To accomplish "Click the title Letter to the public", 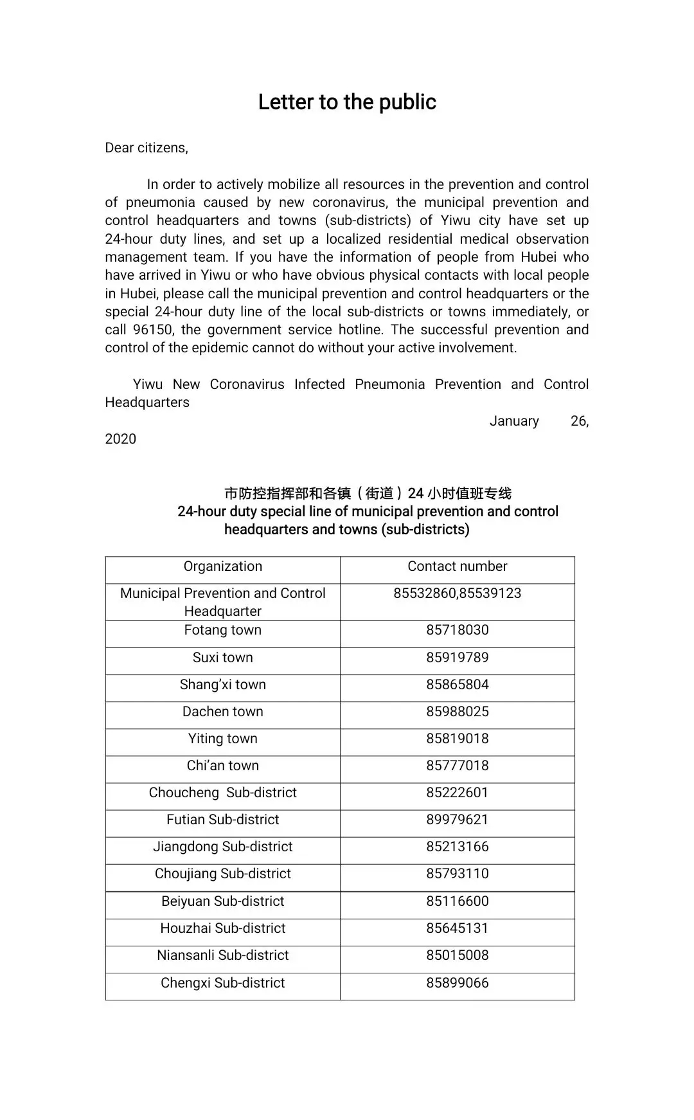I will [x=347, y=102].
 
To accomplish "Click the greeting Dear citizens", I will [x=147, y=148].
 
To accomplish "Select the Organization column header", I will [x=223, y=566].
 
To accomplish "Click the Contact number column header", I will [x=457, y=566].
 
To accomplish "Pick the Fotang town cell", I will [x=223, y=630].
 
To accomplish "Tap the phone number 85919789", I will [x=457, y=658].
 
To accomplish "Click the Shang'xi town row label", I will [x=223, y=685].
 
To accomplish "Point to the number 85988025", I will [x=457, y=712].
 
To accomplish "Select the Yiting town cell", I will [x=223, y=739].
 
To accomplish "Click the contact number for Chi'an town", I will [x=457, y=766].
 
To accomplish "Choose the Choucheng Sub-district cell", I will [x=223, y=793].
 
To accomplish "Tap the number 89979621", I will [x=457, y=820].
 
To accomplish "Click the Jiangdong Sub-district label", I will [x=223, y=847].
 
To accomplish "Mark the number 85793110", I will [x=457, y=874].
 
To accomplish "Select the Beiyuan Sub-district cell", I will [x=223, y=901].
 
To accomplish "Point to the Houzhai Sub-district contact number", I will [x=457, y=928].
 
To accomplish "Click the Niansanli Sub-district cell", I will [x=223, y=955].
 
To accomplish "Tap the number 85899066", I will [x=457, y=983].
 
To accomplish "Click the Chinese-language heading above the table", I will [x=368, y=494].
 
